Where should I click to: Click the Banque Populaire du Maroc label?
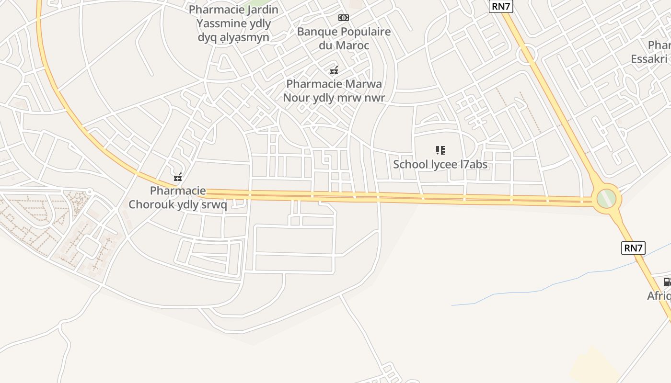click(344, 39)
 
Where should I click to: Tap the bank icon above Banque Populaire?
click(344, 18)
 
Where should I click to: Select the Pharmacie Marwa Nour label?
click(334, 91)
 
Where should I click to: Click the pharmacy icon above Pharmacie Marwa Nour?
click(334, 70)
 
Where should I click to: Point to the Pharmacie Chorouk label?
click(178, 198)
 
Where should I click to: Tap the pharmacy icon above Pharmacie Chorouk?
click(178, 177)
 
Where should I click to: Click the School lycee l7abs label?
click(440, 164)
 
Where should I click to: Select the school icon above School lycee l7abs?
click(440, 150)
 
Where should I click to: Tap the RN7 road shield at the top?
click(500, 6)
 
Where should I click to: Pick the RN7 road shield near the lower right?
click(633, 248)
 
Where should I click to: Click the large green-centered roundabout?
click(606, 198)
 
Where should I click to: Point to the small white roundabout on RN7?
click(527, 54)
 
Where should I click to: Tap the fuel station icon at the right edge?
click(667, 282)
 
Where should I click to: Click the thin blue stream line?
click(527, 292)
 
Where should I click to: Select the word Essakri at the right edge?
click(649, 59)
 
